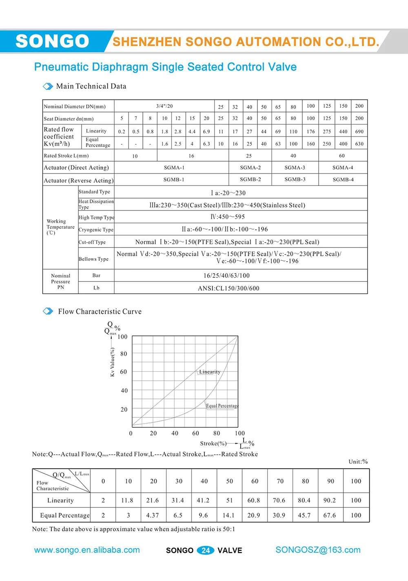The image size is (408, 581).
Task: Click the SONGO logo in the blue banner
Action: pyautogui.click(x=52, y=41)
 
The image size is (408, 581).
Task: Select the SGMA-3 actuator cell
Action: pyautogui.click(x=295, y=168)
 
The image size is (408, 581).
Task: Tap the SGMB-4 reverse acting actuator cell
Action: pyautogui.click(x=343, y=180)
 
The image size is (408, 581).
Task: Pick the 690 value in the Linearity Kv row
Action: pyautogui.click(x=359, y=132)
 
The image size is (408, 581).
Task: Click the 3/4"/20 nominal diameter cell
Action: pyautogui.click(x=164, y=106)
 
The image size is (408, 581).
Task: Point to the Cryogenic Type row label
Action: pyautogui.click(x=96, y=230)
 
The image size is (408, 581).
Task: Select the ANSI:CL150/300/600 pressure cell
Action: pyautogui.click(x=228, y=288)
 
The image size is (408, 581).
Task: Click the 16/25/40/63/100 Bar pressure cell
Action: pyautogui.click(x=226, y=276)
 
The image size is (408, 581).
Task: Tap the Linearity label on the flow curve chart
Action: pyautogui.click(x=210, y=372)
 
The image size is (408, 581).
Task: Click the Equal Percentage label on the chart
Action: pyautogui.click(x=222, y=406)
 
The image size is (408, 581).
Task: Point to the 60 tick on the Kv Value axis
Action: pyautogui.click(x=123, y=372)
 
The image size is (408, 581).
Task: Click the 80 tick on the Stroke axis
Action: pyautogui.click(x=217, y=433)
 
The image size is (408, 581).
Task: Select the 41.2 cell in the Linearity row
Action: pyautogui.click(x=203, y=501)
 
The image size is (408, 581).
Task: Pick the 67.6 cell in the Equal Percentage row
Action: pyautogui.click(x=330, y=516)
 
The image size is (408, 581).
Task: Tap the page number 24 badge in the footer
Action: pyautogui.click(x=205, y=550)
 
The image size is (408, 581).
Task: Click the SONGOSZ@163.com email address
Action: pyautogui.click(x=318, y=550)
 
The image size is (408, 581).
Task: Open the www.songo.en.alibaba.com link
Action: pyautogui.click(x=87, y=550)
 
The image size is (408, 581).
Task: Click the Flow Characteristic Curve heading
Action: pyautogui.click(x=100, y=311)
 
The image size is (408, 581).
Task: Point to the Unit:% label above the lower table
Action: pyautogui.click(x=358, y=462)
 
